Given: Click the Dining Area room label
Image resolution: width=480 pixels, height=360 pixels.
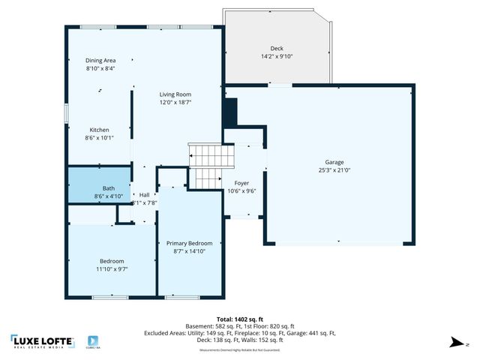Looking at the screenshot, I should point(100,60).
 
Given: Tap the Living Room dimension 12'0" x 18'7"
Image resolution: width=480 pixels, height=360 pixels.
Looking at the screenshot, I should point(175,103).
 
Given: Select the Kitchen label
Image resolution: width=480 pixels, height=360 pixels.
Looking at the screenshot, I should point(100,129).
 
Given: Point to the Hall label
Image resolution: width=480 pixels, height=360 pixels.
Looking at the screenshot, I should point(145,194).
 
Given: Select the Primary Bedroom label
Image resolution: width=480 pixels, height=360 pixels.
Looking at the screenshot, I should point(189,243).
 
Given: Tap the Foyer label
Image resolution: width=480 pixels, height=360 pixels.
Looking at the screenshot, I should point(241,182).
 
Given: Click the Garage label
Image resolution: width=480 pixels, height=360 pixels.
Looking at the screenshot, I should point(335,162).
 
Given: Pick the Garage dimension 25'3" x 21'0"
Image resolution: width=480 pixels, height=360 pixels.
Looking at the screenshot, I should point(335,170).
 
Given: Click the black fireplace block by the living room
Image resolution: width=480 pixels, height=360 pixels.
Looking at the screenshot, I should point(230,112).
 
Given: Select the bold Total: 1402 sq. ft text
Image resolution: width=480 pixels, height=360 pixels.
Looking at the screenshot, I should point(240,319).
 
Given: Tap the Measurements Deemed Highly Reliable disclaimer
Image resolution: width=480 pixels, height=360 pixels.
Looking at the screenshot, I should point(240,349).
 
